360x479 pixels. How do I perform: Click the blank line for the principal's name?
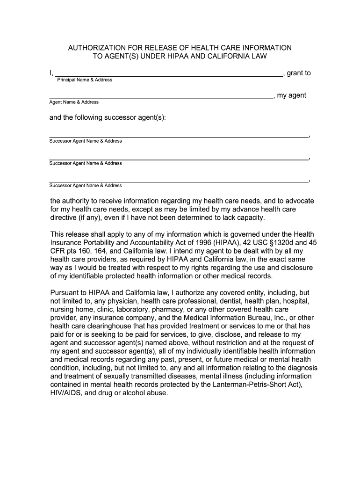pos(168,74)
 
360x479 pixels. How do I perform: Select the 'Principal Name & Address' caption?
pos(85,80)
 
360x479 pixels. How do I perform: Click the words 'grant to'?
pos(299,73)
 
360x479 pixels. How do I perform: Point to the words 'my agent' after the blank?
pos(292,95)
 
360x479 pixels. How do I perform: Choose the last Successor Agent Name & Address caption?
pos(86,186)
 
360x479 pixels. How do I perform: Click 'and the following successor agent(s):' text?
pos(108,117)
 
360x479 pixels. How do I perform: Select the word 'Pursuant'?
pos(65,293)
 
